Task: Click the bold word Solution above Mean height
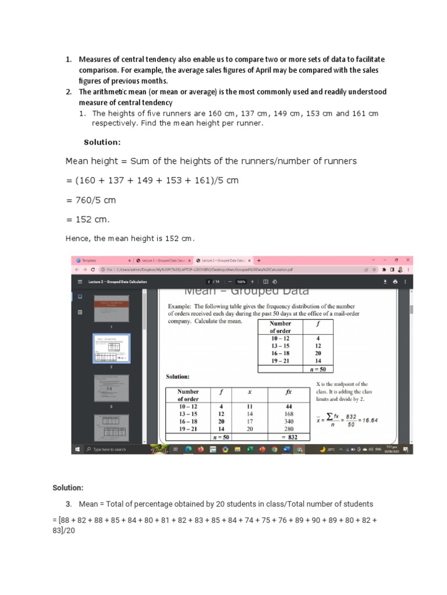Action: click(102, 141)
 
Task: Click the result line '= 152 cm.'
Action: click(87, 219)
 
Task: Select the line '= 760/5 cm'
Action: click(91, 200)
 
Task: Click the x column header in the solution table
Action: click(250, 392)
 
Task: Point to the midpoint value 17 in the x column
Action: click(250, 421)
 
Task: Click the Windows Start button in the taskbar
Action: click(76, 449)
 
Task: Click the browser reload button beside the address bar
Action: click(93, 270)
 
